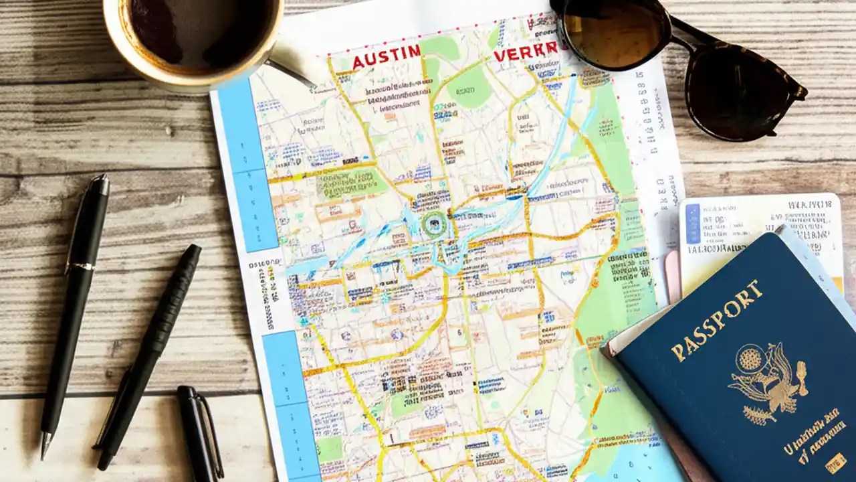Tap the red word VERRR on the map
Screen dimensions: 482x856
tap(526, 52)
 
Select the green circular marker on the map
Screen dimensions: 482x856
tap(433, 224)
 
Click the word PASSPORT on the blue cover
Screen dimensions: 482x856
tap(716, 320)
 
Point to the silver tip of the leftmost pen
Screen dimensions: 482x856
tap(45, 445)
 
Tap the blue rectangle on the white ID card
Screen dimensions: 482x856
tap(692, 224)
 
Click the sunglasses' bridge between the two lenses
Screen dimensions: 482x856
tap(679, 33)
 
